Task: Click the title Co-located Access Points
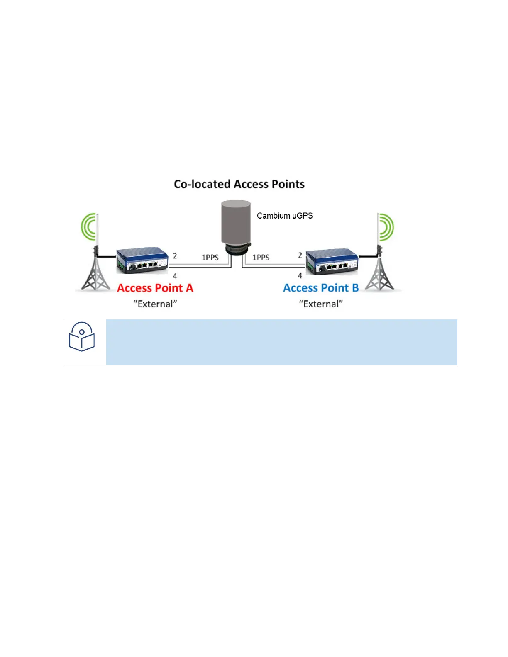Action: [239, 184]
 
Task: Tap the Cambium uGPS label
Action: [285, 216]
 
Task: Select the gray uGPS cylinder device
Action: [236, 224]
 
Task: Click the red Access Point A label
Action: [155, 288]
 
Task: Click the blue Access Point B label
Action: [321, 288]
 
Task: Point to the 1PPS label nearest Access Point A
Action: [210, 258]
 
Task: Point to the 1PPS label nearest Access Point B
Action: [261, 258]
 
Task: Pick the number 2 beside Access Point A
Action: [175, 256]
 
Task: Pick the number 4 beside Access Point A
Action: [175, 276]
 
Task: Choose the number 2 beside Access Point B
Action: [300, 255]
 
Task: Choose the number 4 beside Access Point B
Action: [300, 275]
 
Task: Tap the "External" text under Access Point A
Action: [155, 304]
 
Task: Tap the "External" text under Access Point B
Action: [321, 304]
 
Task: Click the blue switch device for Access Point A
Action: [142, 261]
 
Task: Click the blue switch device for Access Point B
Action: [332, 261]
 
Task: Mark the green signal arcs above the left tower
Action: [89, 227]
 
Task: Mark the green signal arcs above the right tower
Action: [386, 227]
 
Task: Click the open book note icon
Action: [82, 337]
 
